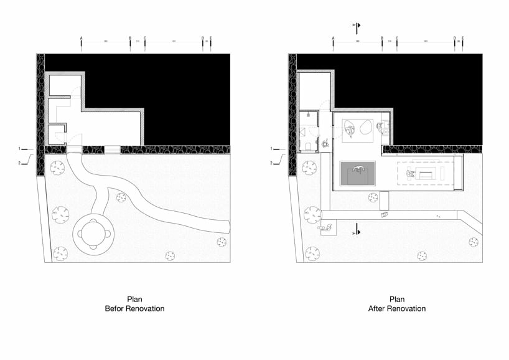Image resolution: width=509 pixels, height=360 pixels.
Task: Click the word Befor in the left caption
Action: [116, 308]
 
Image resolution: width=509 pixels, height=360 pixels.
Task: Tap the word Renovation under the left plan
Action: [146, 308]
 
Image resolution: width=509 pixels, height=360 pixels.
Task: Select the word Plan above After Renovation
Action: [397, 299]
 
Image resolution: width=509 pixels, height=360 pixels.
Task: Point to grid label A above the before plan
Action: [81, 38]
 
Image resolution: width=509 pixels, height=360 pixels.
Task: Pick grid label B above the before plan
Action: [130, 38]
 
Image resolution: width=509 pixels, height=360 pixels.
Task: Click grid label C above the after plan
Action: [396, 38]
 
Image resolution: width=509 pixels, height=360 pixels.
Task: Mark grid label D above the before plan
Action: [202, 38]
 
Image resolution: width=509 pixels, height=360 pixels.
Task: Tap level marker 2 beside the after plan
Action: [271, 163]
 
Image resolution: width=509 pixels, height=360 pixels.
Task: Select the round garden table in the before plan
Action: [95, 234]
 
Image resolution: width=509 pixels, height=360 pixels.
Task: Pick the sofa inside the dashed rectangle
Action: [426, 173]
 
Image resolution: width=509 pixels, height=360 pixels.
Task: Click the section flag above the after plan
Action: [357, 26]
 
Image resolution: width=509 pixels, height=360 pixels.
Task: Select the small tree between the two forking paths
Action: [121, 197]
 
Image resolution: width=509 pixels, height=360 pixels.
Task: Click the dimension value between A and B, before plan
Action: [106, 42]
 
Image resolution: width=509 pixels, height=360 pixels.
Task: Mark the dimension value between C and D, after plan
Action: [426, 42]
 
